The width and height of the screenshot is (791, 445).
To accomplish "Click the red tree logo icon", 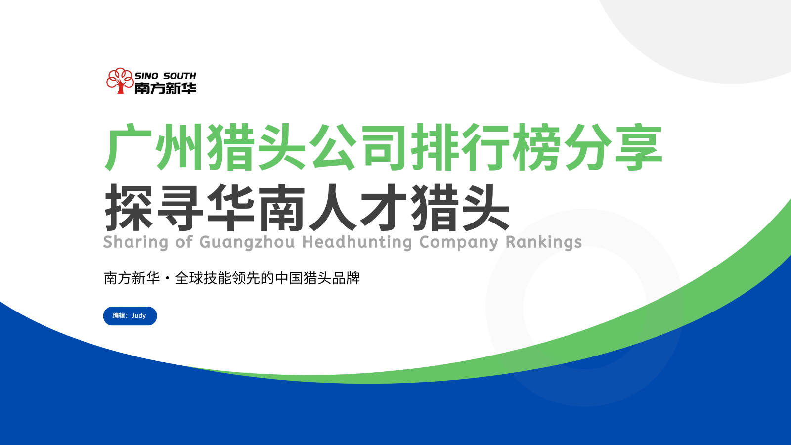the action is [x=120, y=81].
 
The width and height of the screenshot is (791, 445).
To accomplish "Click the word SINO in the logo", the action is [x=146, y=76].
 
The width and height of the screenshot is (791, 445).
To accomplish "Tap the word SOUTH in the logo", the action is [x=179, y=76].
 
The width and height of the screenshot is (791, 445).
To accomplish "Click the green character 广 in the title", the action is [x=128, y=147].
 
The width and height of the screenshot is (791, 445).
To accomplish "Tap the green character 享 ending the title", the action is [x=639, y=147].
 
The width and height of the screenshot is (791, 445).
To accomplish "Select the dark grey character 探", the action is [x=129, y=207].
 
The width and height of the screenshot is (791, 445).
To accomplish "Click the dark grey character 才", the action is [x=384, y=207].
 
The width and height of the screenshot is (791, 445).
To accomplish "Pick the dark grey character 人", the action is [x=333, y=207].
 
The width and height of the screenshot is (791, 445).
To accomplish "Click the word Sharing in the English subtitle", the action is [x=135, y=243].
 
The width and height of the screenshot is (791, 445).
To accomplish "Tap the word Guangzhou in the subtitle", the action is [x=247, y=243].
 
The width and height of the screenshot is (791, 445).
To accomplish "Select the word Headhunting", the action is [x=357, y=243].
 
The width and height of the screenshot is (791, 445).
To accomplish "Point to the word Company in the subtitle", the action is [x=459, y=243].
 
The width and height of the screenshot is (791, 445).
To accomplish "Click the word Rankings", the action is [x=543, y=242].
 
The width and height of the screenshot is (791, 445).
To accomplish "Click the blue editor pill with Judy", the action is [x=130, y=316].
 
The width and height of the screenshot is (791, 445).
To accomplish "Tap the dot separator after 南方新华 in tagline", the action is [x=168, y=279].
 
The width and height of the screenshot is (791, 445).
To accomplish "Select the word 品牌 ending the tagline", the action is [x=346, y=278].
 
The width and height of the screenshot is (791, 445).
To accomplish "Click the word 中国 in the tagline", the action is [x=289, y=278].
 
